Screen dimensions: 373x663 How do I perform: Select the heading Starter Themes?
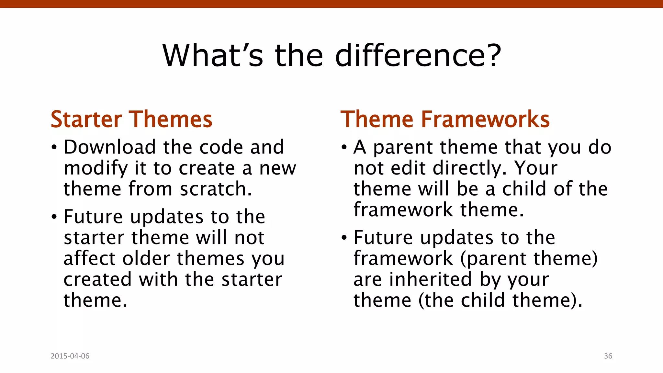click(x=131, y=119)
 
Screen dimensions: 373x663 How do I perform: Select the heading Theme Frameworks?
click(x=445, y=119)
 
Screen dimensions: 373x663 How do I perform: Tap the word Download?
click(x=109, y=147)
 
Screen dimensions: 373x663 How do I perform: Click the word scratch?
click(x=216, y=189)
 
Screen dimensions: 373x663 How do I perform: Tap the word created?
click(x=97, y=279)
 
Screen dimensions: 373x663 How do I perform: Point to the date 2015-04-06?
click(x=70, y=356)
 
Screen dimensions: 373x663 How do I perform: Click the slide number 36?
click(x=608, y=356)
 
